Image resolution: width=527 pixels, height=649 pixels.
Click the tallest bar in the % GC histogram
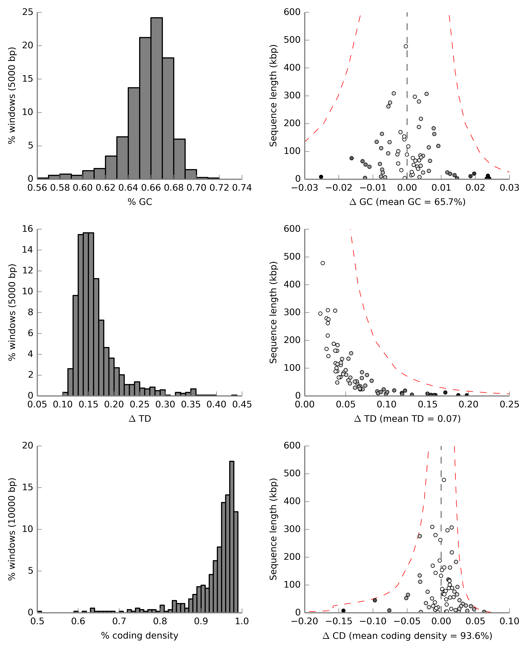(156, 97)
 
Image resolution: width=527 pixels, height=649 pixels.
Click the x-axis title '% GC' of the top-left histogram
(140, 202)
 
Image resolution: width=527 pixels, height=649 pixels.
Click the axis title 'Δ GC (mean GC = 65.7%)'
(407, 202)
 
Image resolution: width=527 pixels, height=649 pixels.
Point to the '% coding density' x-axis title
(140, 635)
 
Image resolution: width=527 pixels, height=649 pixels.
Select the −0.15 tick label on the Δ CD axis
(338, 621)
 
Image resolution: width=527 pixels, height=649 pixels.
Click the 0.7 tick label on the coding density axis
(119, 621)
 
